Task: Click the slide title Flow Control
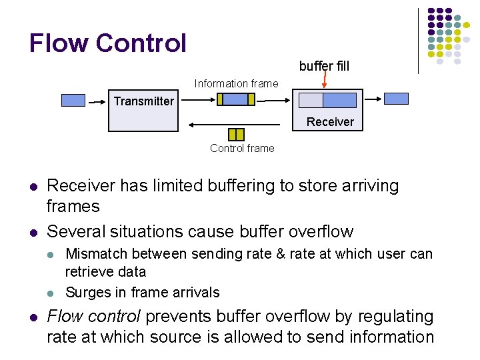107,43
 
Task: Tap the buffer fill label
324,66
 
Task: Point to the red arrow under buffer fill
325,81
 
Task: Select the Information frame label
236,83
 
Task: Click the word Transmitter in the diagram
143,101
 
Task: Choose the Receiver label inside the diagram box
330,121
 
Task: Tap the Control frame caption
242,148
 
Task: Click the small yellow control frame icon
236,134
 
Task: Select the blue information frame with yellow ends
236,99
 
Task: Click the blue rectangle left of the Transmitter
73,100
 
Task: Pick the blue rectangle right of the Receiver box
396,99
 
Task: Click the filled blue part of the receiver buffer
339,100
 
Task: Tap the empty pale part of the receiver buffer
311,100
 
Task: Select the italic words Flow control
94,316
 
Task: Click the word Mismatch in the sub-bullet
93,254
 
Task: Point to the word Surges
87,292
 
